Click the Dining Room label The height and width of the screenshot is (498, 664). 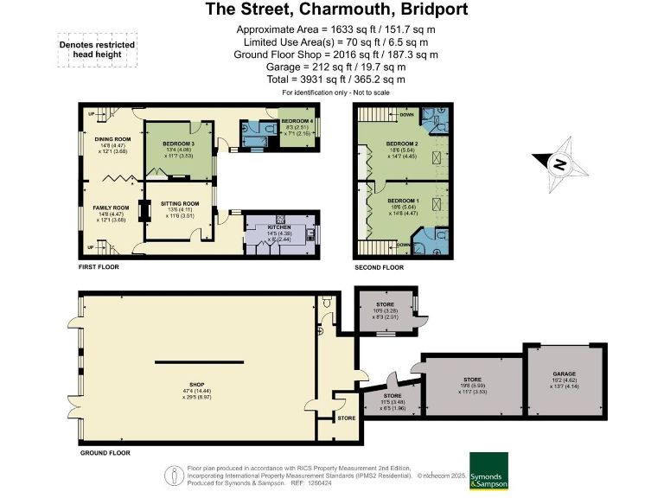[x=112, y=138]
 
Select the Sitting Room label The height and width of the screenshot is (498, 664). [x=179, y=204]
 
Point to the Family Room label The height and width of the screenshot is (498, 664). [x=112, y=207]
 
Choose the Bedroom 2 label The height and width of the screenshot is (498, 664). [x=402, y=143]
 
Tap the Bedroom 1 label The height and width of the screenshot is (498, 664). [x=402, y=201]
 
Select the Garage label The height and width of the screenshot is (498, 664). [x=564, y=374]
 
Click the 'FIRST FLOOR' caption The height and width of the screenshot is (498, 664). [x=97, y=267]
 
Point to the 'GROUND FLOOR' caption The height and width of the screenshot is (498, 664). [x=105, y=452]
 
